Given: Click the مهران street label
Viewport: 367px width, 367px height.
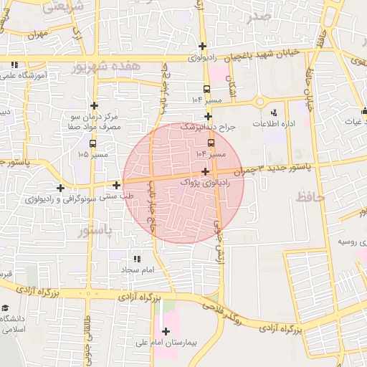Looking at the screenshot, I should coord(38,34).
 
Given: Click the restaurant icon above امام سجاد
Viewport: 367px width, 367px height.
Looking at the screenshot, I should coord(136,259).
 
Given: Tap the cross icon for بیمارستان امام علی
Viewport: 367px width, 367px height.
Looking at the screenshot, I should coord(166,331).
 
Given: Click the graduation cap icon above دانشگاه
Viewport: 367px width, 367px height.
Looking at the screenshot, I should coord(5,307).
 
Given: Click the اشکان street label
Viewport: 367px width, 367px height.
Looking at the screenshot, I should coord(232,88).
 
